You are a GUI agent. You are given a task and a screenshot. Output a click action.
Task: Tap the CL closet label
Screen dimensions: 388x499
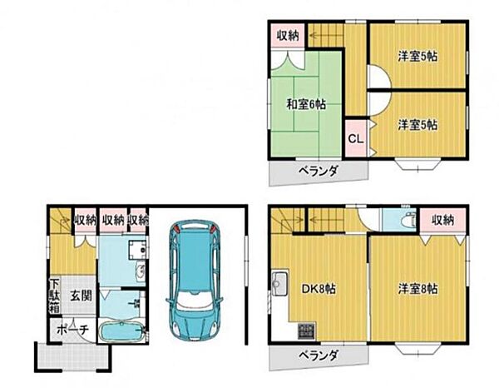tap(355, 139)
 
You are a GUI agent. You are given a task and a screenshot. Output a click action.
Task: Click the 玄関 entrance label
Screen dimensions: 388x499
tap(81, 295)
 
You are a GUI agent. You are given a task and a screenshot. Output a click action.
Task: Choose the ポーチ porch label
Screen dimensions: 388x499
tap(72, 329)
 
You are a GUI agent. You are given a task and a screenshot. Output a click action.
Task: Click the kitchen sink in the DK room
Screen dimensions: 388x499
tap(280, 281)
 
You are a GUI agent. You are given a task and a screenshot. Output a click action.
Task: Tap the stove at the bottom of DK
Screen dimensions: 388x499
tap(306, 331)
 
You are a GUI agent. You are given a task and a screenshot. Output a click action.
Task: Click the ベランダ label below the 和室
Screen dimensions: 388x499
tap(319, 171)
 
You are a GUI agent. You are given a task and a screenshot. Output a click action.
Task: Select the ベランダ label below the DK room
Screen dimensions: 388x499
tap(319, 356)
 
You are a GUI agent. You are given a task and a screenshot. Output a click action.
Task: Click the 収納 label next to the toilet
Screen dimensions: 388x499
tap(442, 220)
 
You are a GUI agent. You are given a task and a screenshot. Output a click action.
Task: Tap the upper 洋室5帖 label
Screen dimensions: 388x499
tap(418, 57)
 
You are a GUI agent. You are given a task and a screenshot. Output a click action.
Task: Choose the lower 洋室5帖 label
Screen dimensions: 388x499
tap(418, 124)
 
